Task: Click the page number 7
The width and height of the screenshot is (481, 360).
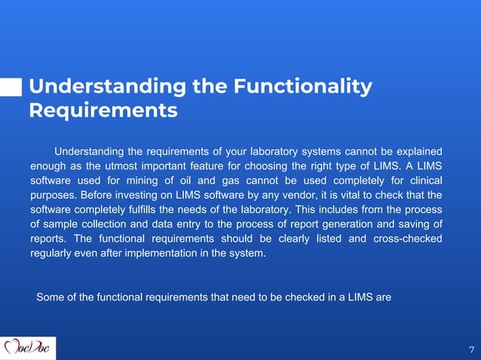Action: (471, 349)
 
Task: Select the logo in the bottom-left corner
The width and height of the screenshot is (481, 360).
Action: (28, 348)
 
